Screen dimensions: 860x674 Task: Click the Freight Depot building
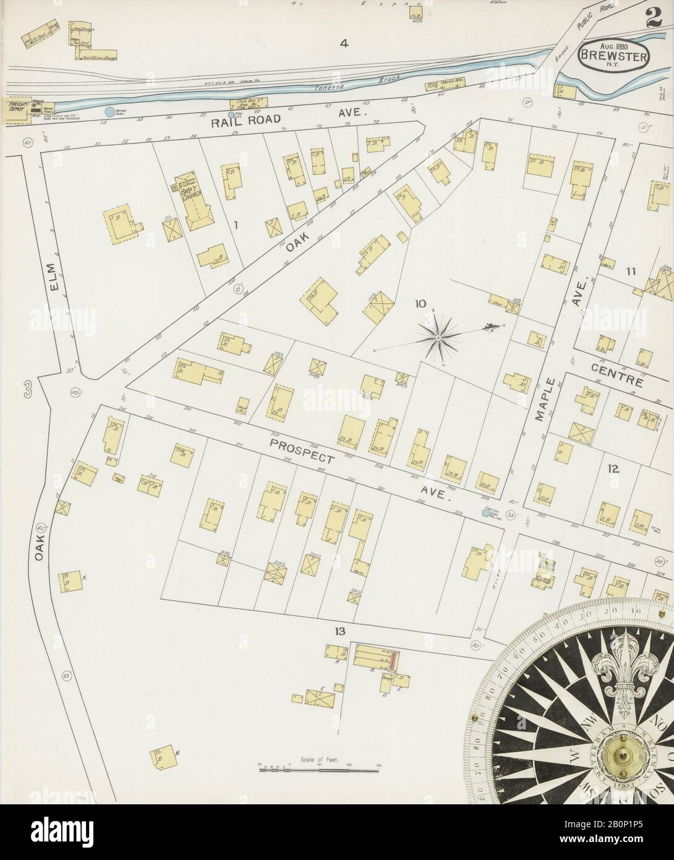[16, 106]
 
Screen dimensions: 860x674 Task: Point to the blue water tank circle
[109, 112]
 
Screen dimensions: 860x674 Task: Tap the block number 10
[420, 303]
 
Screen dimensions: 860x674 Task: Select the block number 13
[338, 630]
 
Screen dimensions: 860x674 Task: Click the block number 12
[613, 469]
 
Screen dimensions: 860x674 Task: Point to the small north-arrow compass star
[437, 337]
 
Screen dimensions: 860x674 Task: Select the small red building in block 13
[391, 662]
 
